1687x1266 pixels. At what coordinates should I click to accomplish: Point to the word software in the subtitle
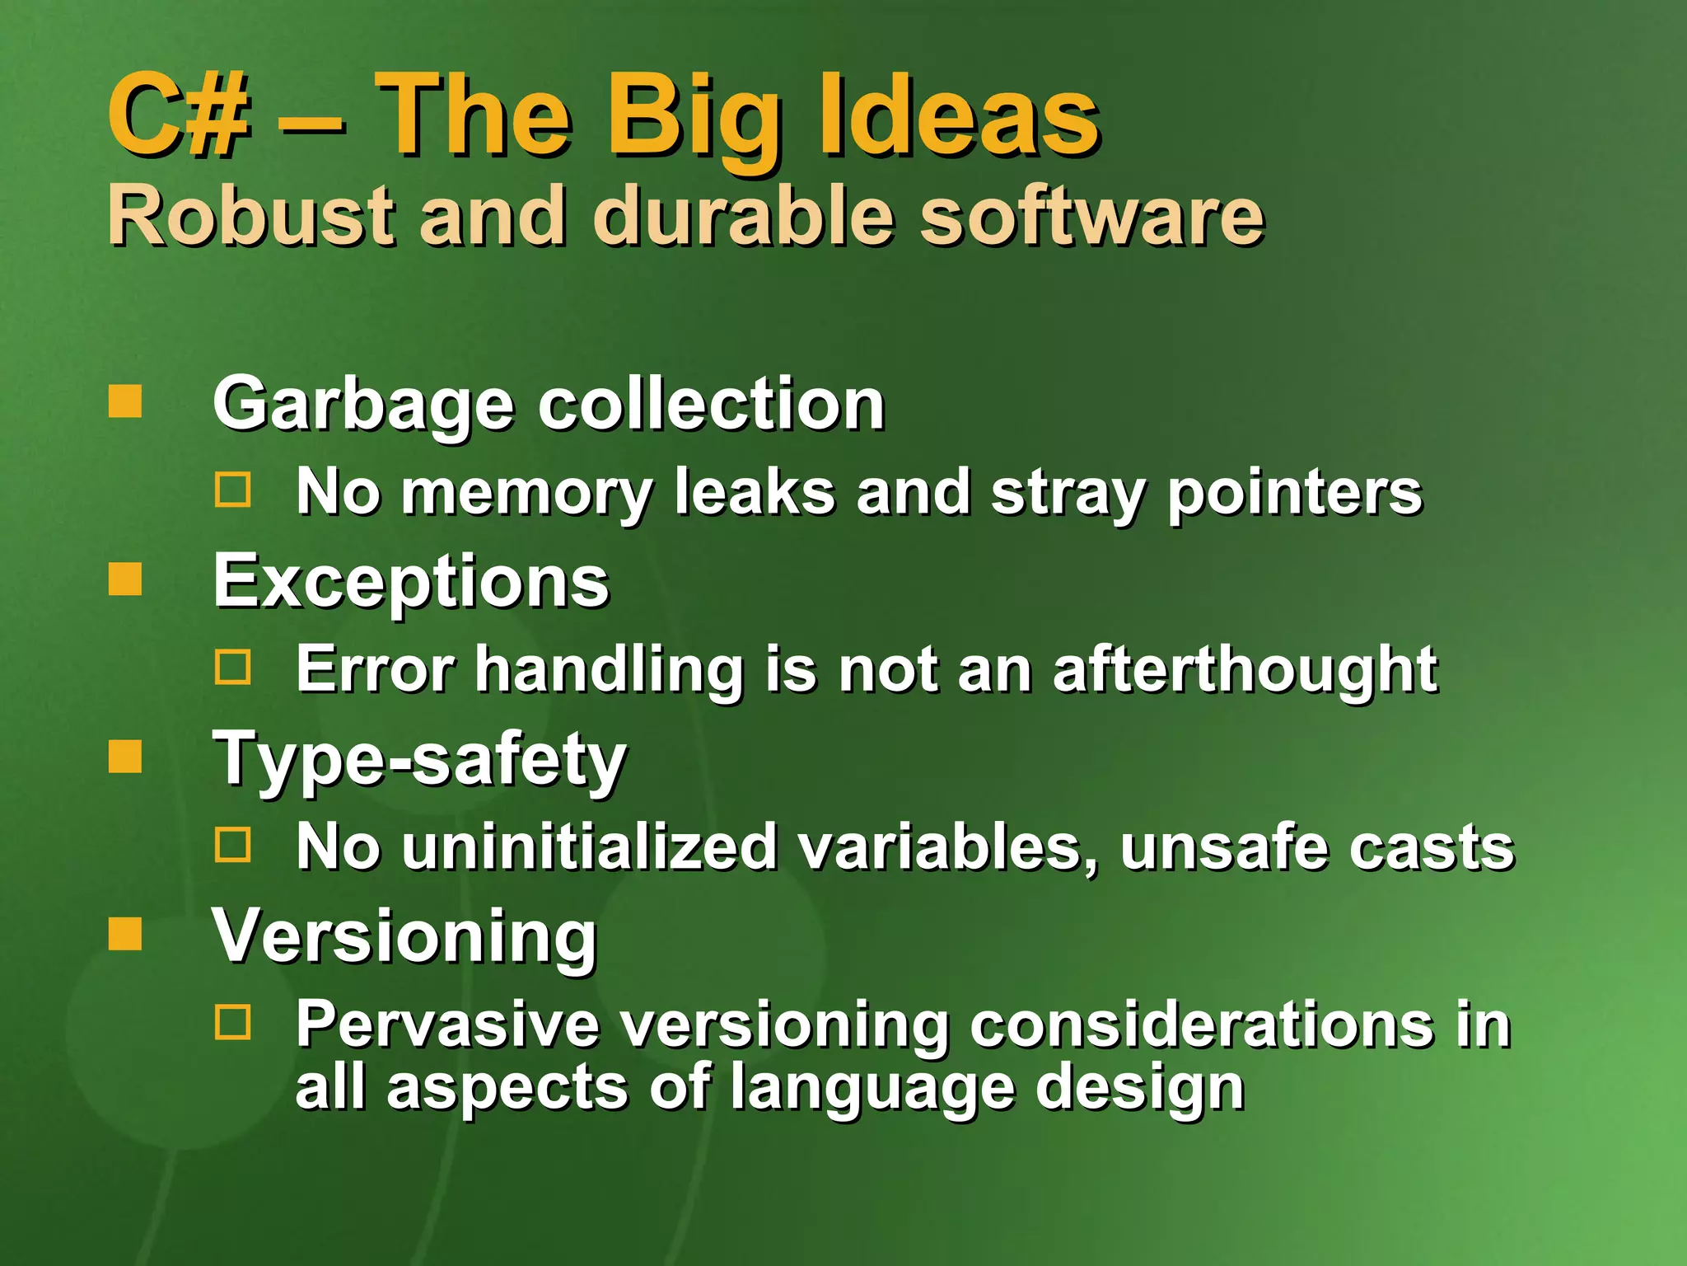point(1091,216)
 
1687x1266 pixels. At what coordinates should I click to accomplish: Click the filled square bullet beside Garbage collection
point(125,401)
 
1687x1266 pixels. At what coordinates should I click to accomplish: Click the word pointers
point(1295,493)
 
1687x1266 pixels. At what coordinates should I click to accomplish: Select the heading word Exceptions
point(411,582)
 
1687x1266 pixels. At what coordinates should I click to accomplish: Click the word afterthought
point(1245,669)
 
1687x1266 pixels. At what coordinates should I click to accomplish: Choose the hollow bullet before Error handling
point(233,667)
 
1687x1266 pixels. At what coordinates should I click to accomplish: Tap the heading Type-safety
point(420,760)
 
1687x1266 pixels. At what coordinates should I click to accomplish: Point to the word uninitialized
point(590,847)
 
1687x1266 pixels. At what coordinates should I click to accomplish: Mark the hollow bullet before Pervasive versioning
point(233,1022)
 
